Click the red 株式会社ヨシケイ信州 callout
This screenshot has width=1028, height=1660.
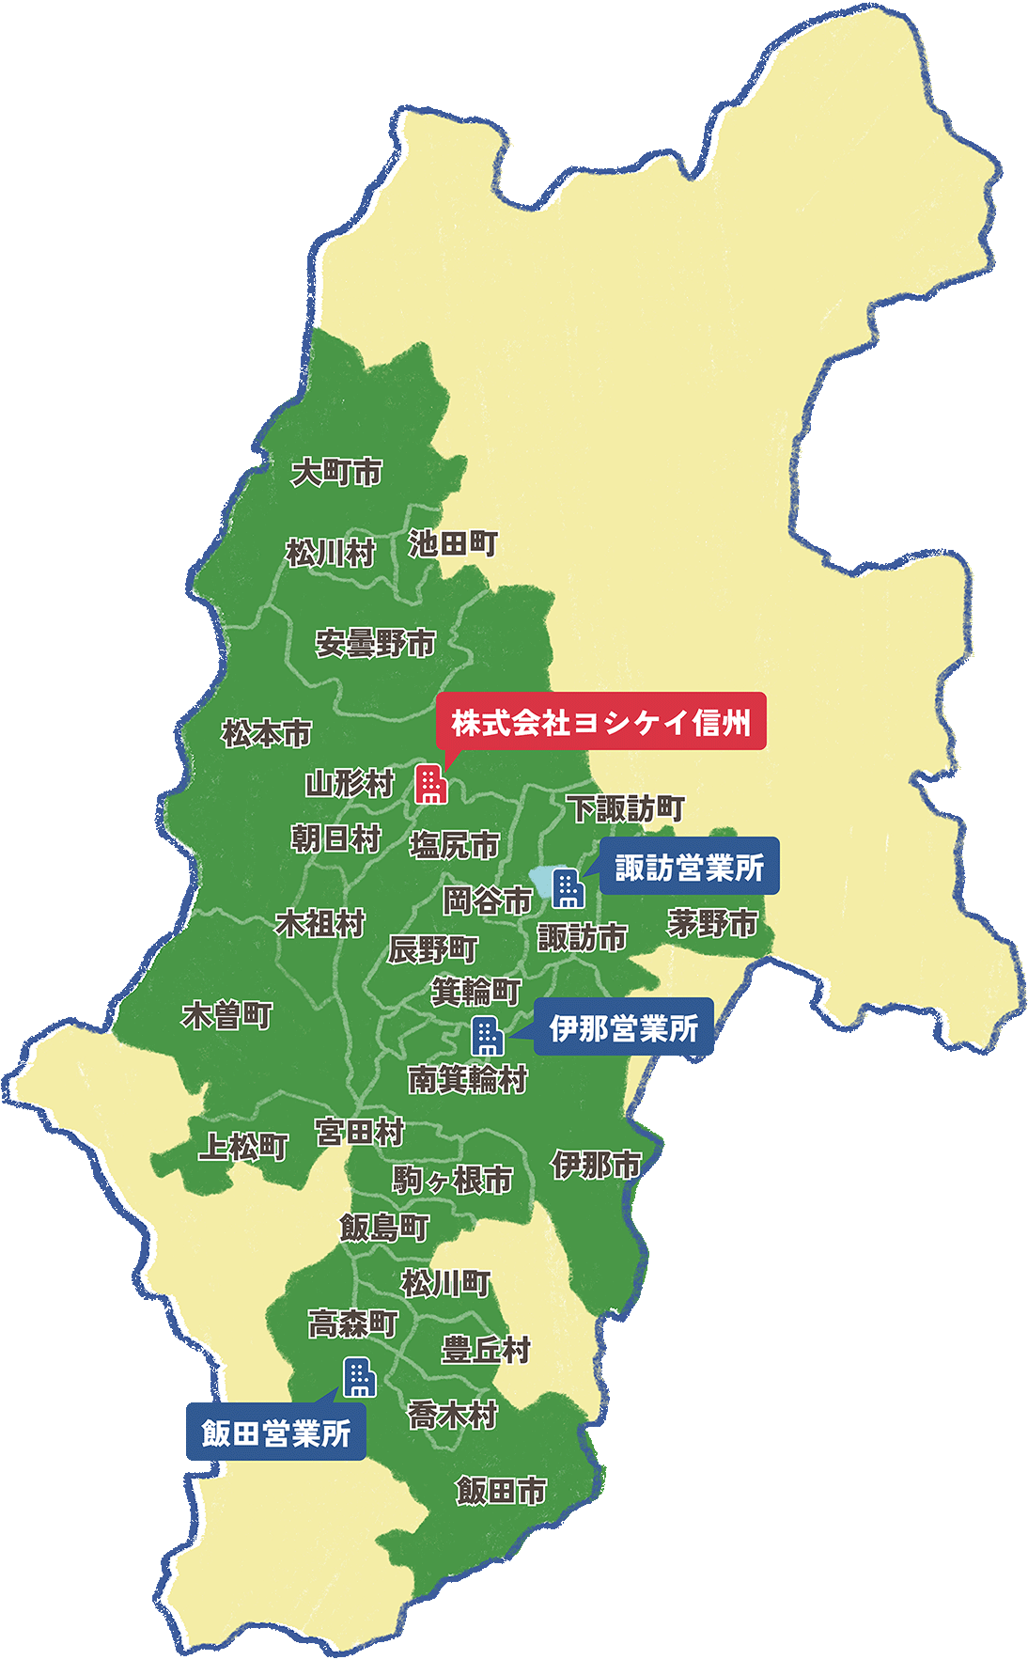(601, 722)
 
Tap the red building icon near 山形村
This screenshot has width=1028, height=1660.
(430, 783)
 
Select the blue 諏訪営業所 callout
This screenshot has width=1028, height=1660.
(689, 867)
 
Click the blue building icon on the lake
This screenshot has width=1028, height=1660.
(568, 887)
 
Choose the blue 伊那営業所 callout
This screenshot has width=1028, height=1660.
(623, 1027)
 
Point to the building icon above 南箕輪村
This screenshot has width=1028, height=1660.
(486, 1035)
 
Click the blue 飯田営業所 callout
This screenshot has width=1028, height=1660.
(276, 1433)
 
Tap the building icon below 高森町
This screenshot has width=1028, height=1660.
(359, 1377)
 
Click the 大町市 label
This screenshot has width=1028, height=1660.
(336, 471)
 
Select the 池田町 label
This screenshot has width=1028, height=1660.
(452, 543)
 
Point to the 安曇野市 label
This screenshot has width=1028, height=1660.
(375, 644)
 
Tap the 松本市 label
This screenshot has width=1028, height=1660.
(266, 733)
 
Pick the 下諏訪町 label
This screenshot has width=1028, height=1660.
(625, 807)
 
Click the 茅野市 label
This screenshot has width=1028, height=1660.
(712, 923)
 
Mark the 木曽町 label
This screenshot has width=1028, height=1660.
(226, 1015)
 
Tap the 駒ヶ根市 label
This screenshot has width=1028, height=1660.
(452, 1180)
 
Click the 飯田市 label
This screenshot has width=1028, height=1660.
(501, 1491)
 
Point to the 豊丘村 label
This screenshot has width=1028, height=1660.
(486, 1350)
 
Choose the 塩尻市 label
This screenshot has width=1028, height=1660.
(454, 845)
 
